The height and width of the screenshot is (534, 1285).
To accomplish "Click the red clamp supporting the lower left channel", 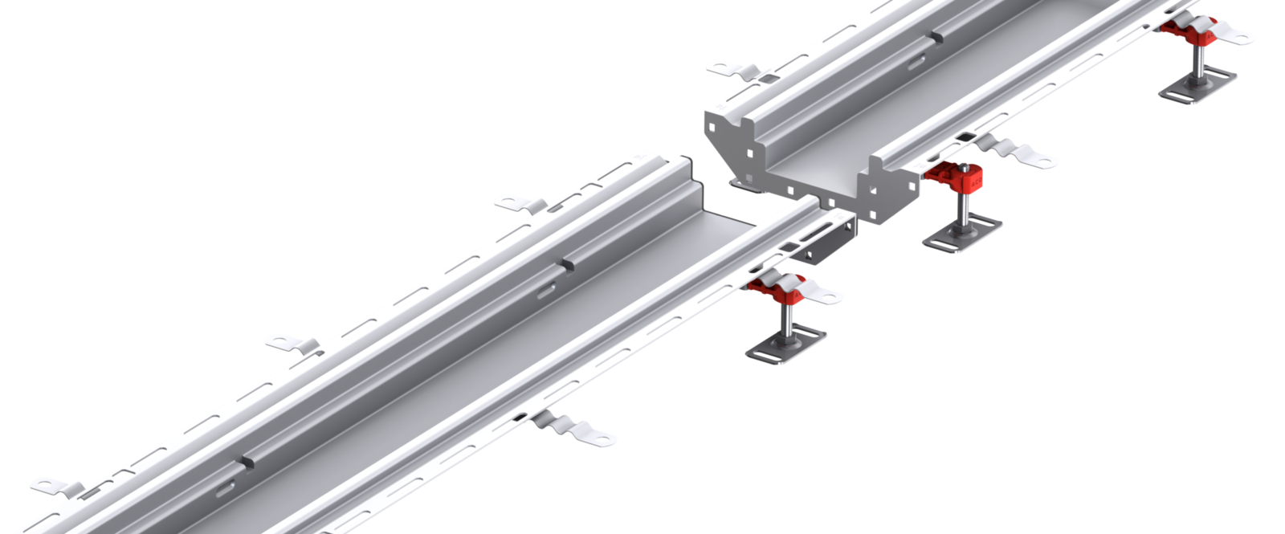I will tap(775, 284).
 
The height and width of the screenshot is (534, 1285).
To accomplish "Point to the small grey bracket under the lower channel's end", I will tap(831, 245).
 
